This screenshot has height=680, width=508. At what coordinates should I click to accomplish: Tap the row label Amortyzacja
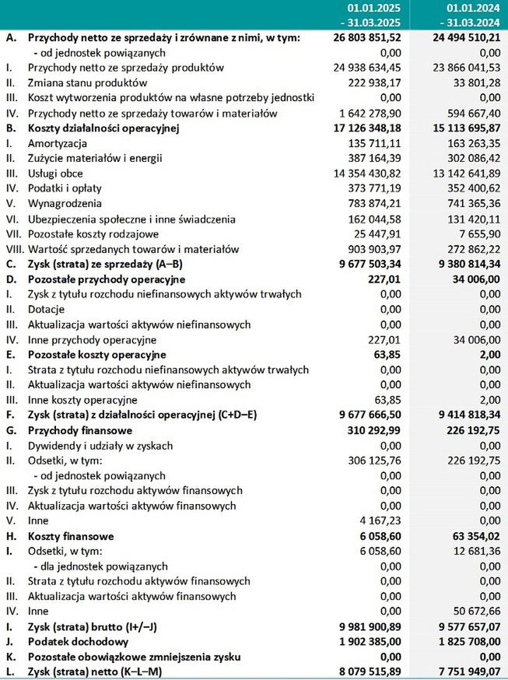pyautogui.click(x=58, y=143)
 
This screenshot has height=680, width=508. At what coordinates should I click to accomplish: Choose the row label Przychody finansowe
pyautogui.click(x=80, y=430)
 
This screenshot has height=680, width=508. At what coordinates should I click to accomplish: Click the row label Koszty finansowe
pyautogui.click(x=71, y=536)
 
